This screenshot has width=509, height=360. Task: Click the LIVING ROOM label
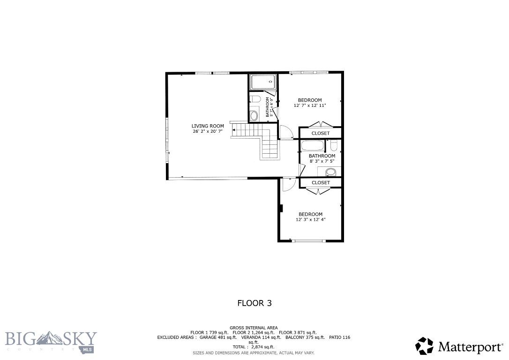[208, 126]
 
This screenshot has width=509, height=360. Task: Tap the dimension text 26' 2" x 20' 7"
[207, 132]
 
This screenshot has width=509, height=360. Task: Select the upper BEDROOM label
[310, 100]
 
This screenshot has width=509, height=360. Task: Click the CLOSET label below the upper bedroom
[321, 133]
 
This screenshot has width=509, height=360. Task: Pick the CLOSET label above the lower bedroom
[321, 182]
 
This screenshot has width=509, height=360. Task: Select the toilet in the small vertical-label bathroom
[254, 99]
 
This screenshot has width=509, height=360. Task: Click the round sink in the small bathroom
[254, 115]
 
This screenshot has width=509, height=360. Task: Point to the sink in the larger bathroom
[331, 171]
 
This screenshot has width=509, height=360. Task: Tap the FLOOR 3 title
[254, 303]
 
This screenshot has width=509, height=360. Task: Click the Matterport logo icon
[425, 346]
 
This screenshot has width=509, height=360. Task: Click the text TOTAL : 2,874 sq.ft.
[254, 347]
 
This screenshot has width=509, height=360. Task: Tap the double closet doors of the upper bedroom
[321, 124]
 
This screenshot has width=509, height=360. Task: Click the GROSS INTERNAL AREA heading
[254, 328]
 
